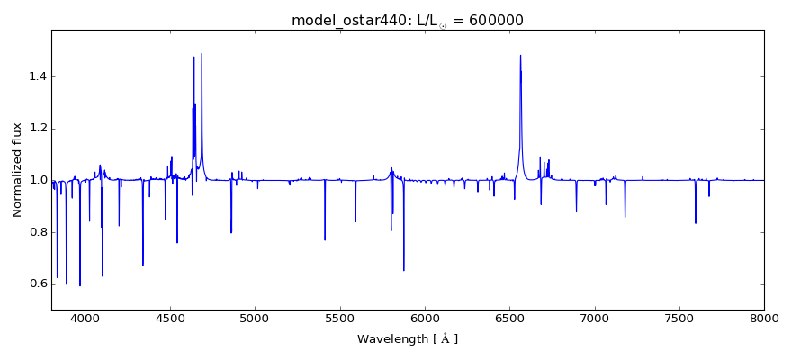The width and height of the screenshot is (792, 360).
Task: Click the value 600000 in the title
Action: pyautogui.click(x=493, y=21)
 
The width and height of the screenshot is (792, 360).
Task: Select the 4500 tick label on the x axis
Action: pyautogui.click(x=170, y=319)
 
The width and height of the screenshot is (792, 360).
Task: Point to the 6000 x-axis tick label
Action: pyautogui.click(x=425, y=319)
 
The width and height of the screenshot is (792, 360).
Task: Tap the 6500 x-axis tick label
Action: pyautogui.click(x=509, y=319)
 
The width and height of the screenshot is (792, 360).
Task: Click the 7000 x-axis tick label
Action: pyautogui.click(x=594, y=319)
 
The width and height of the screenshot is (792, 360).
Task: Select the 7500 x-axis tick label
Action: pyautogui.click(x=679, y=319)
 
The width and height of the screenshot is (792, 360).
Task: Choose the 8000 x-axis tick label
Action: pyautogui.click(x=764, y=319)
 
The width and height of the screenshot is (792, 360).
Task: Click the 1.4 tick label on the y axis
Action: pyautogui.click(x=35, y=76)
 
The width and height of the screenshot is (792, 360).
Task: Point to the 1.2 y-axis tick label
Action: pyautogui.click(x=35, y=129)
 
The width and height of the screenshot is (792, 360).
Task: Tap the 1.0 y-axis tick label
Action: pyautogui.click(x=35, y=180)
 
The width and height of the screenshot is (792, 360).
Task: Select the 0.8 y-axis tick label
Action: pyautogui.click(x=35, y=232)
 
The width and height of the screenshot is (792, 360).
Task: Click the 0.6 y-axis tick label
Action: pyautogui.click(x=35, y=283)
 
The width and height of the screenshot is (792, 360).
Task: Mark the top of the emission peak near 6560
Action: pyautogui.click(x=520, y=56)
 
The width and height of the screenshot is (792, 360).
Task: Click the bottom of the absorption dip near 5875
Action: pyautogui.click(x=404, y=270)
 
